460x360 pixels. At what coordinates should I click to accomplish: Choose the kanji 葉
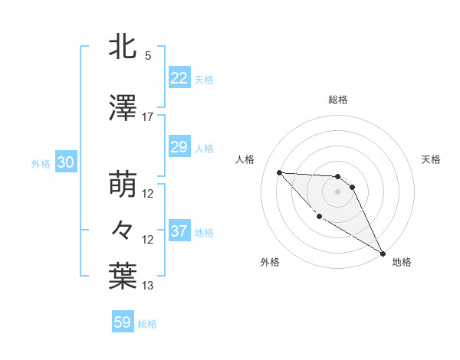pos(123,277)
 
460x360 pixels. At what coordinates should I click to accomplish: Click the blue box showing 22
pos(179,78)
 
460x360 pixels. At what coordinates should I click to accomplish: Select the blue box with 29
pos(179,147)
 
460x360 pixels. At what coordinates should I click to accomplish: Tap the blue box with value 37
pos(179,231)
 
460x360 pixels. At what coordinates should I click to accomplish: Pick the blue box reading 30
pos(64,163)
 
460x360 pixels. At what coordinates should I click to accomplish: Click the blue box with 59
pos(123,322)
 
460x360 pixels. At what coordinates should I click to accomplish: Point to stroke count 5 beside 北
pos(148,56)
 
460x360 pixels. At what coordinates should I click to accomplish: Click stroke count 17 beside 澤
pos(148,117)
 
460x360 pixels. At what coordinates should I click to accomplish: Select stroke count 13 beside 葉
pos(148,286)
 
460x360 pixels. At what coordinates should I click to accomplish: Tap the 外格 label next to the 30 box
pos(41,164)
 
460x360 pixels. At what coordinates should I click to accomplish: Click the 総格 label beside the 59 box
pos(147,324)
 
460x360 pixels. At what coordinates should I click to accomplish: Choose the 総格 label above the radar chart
pos(338,100)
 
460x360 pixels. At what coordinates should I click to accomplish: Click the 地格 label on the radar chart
pos(402,262)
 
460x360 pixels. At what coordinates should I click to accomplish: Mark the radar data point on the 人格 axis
pos(279,172)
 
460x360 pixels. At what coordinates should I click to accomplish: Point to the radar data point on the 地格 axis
pos(383,254)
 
